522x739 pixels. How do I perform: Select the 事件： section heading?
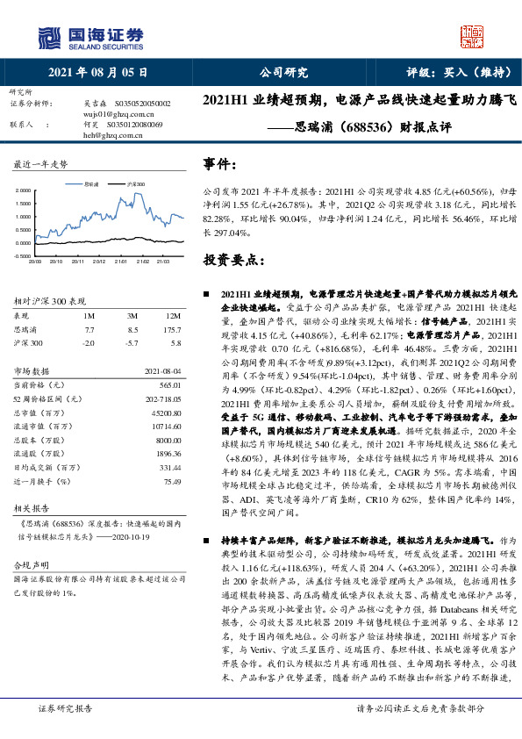(x=220, y=164)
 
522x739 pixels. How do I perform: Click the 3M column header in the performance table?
(x=132, y=315)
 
